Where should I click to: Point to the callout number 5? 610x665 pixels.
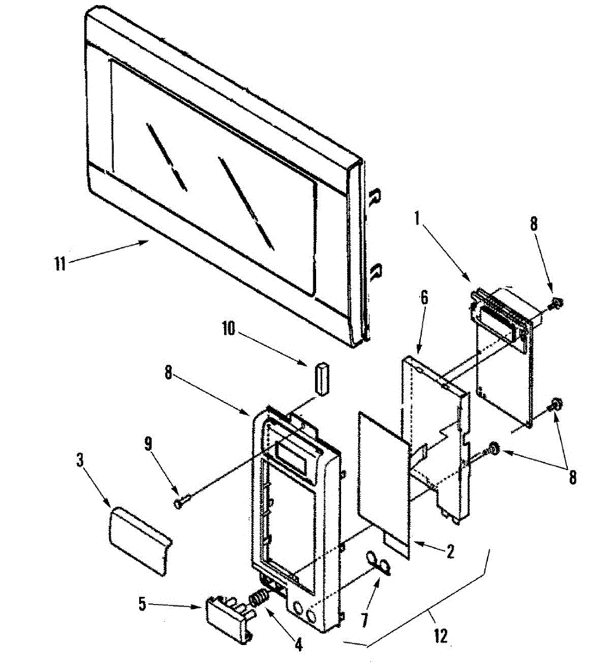142,604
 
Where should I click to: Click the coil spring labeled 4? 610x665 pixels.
258,599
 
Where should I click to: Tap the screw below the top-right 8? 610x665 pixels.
557,303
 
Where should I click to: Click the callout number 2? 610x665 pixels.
450,551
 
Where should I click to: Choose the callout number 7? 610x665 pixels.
365,620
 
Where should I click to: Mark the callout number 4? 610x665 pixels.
298,644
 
